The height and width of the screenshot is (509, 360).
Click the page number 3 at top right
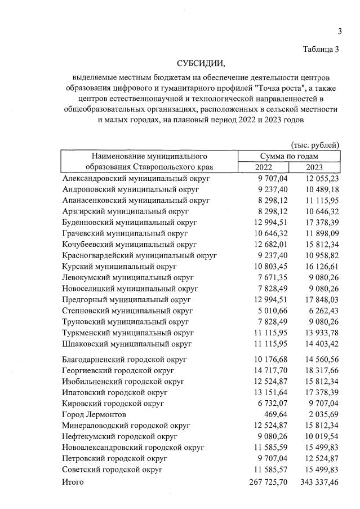point(340,30)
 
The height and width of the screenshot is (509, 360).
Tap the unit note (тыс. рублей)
point(315,145)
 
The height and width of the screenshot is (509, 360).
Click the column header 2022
point(263,167)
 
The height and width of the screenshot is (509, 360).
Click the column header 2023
point(314,167)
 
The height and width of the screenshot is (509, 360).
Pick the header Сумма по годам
point(289,156)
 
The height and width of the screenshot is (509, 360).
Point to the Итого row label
point(73,482)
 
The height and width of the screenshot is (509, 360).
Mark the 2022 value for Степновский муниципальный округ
point(272,310)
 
